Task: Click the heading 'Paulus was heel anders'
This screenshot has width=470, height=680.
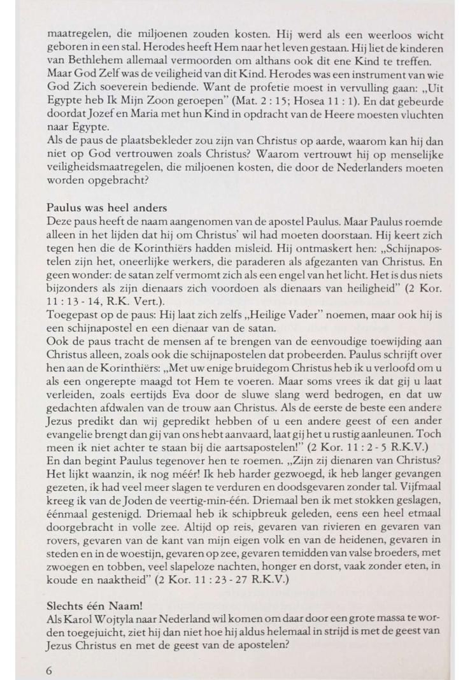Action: pos(108,208)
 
